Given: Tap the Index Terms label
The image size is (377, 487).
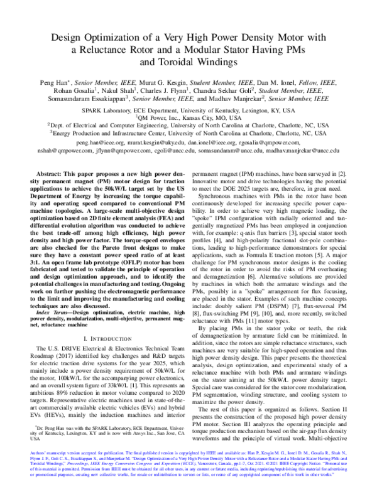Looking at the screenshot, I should pos(57,310).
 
